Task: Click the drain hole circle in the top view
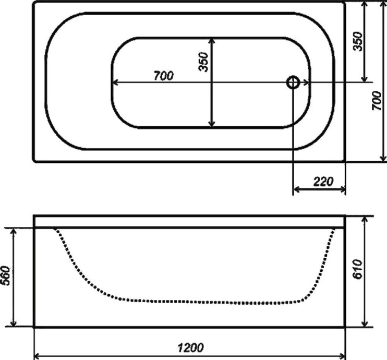click(293, 82)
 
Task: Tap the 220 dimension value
click(323, 182)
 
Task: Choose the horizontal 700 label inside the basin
click(163, 76)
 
